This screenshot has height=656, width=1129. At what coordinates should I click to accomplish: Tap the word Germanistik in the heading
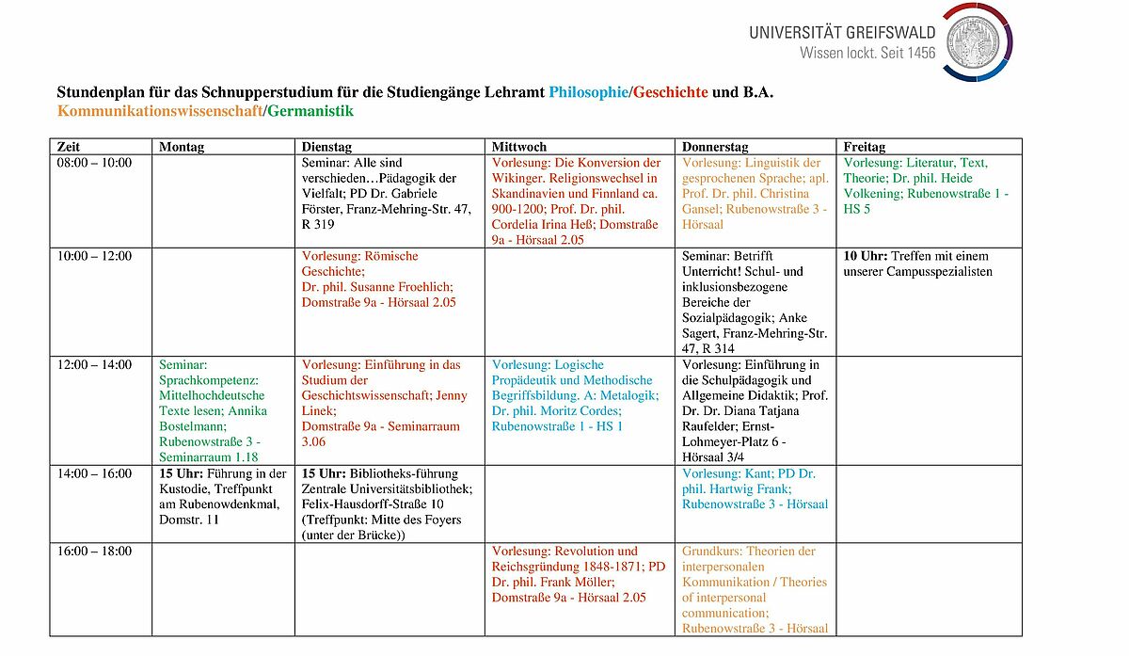tap(310, 111)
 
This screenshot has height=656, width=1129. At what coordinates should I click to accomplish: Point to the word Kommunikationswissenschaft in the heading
tap(159, 111)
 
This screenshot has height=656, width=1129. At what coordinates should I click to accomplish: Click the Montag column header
tap(182, 147)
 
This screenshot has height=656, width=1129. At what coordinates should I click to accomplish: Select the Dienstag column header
tap(327, 147)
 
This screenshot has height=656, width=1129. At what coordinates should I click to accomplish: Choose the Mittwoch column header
tap(519, 147)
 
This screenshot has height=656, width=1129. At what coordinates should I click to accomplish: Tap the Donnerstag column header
tap(715, 147)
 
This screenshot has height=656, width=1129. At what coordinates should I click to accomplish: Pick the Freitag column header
tap(865, 147)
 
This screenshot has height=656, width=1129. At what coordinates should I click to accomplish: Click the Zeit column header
tap(69, 147)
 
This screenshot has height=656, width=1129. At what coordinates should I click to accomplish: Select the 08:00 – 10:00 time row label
tap(94, 163)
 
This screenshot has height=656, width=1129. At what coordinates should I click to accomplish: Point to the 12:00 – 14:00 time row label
tap(94, 365)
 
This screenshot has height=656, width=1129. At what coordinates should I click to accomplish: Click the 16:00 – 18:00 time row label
tap(94, 552)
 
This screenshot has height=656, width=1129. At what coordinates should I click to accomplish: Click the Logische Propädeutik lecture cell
tap(575, 395)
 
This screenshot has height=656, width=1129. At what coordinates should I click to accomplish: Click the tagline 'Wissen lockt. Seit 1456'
tap(867, 53)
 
